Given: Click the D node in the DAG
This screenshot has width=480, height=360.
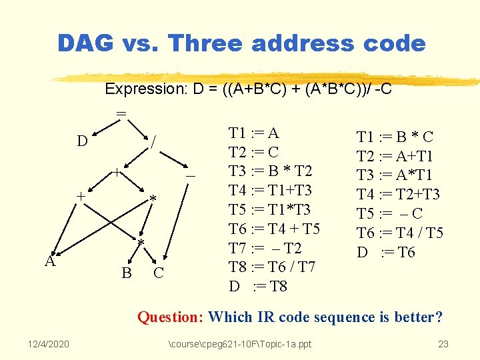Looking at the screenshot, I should click(82, 141).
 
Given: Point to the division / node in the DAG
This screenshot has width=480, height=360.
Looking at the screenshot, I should click(154, 141).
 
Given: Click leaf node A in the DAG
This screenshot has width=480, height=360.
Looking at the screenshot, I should click(50, 261).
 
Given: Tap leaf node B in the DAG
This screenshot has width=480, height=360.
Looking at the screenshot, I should click(125, 273).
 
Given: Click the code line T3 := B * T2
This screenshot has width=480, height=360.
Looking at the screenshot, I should click(269, 171).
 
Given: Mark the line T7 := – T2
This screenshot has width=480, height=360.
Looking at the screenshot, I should click(265, 249).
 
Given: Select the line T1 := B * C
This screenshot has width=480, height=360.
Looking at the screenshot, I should click(395, 137).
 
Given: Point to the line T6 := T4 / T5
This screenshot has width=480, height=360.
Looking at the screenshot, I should click(400, 233).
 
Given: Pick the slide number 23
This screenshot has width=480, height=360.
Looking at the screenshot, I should click(443, 344).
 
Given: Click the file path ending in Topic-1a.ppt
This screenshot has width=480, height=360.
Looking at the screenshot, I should click(240, 344).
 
